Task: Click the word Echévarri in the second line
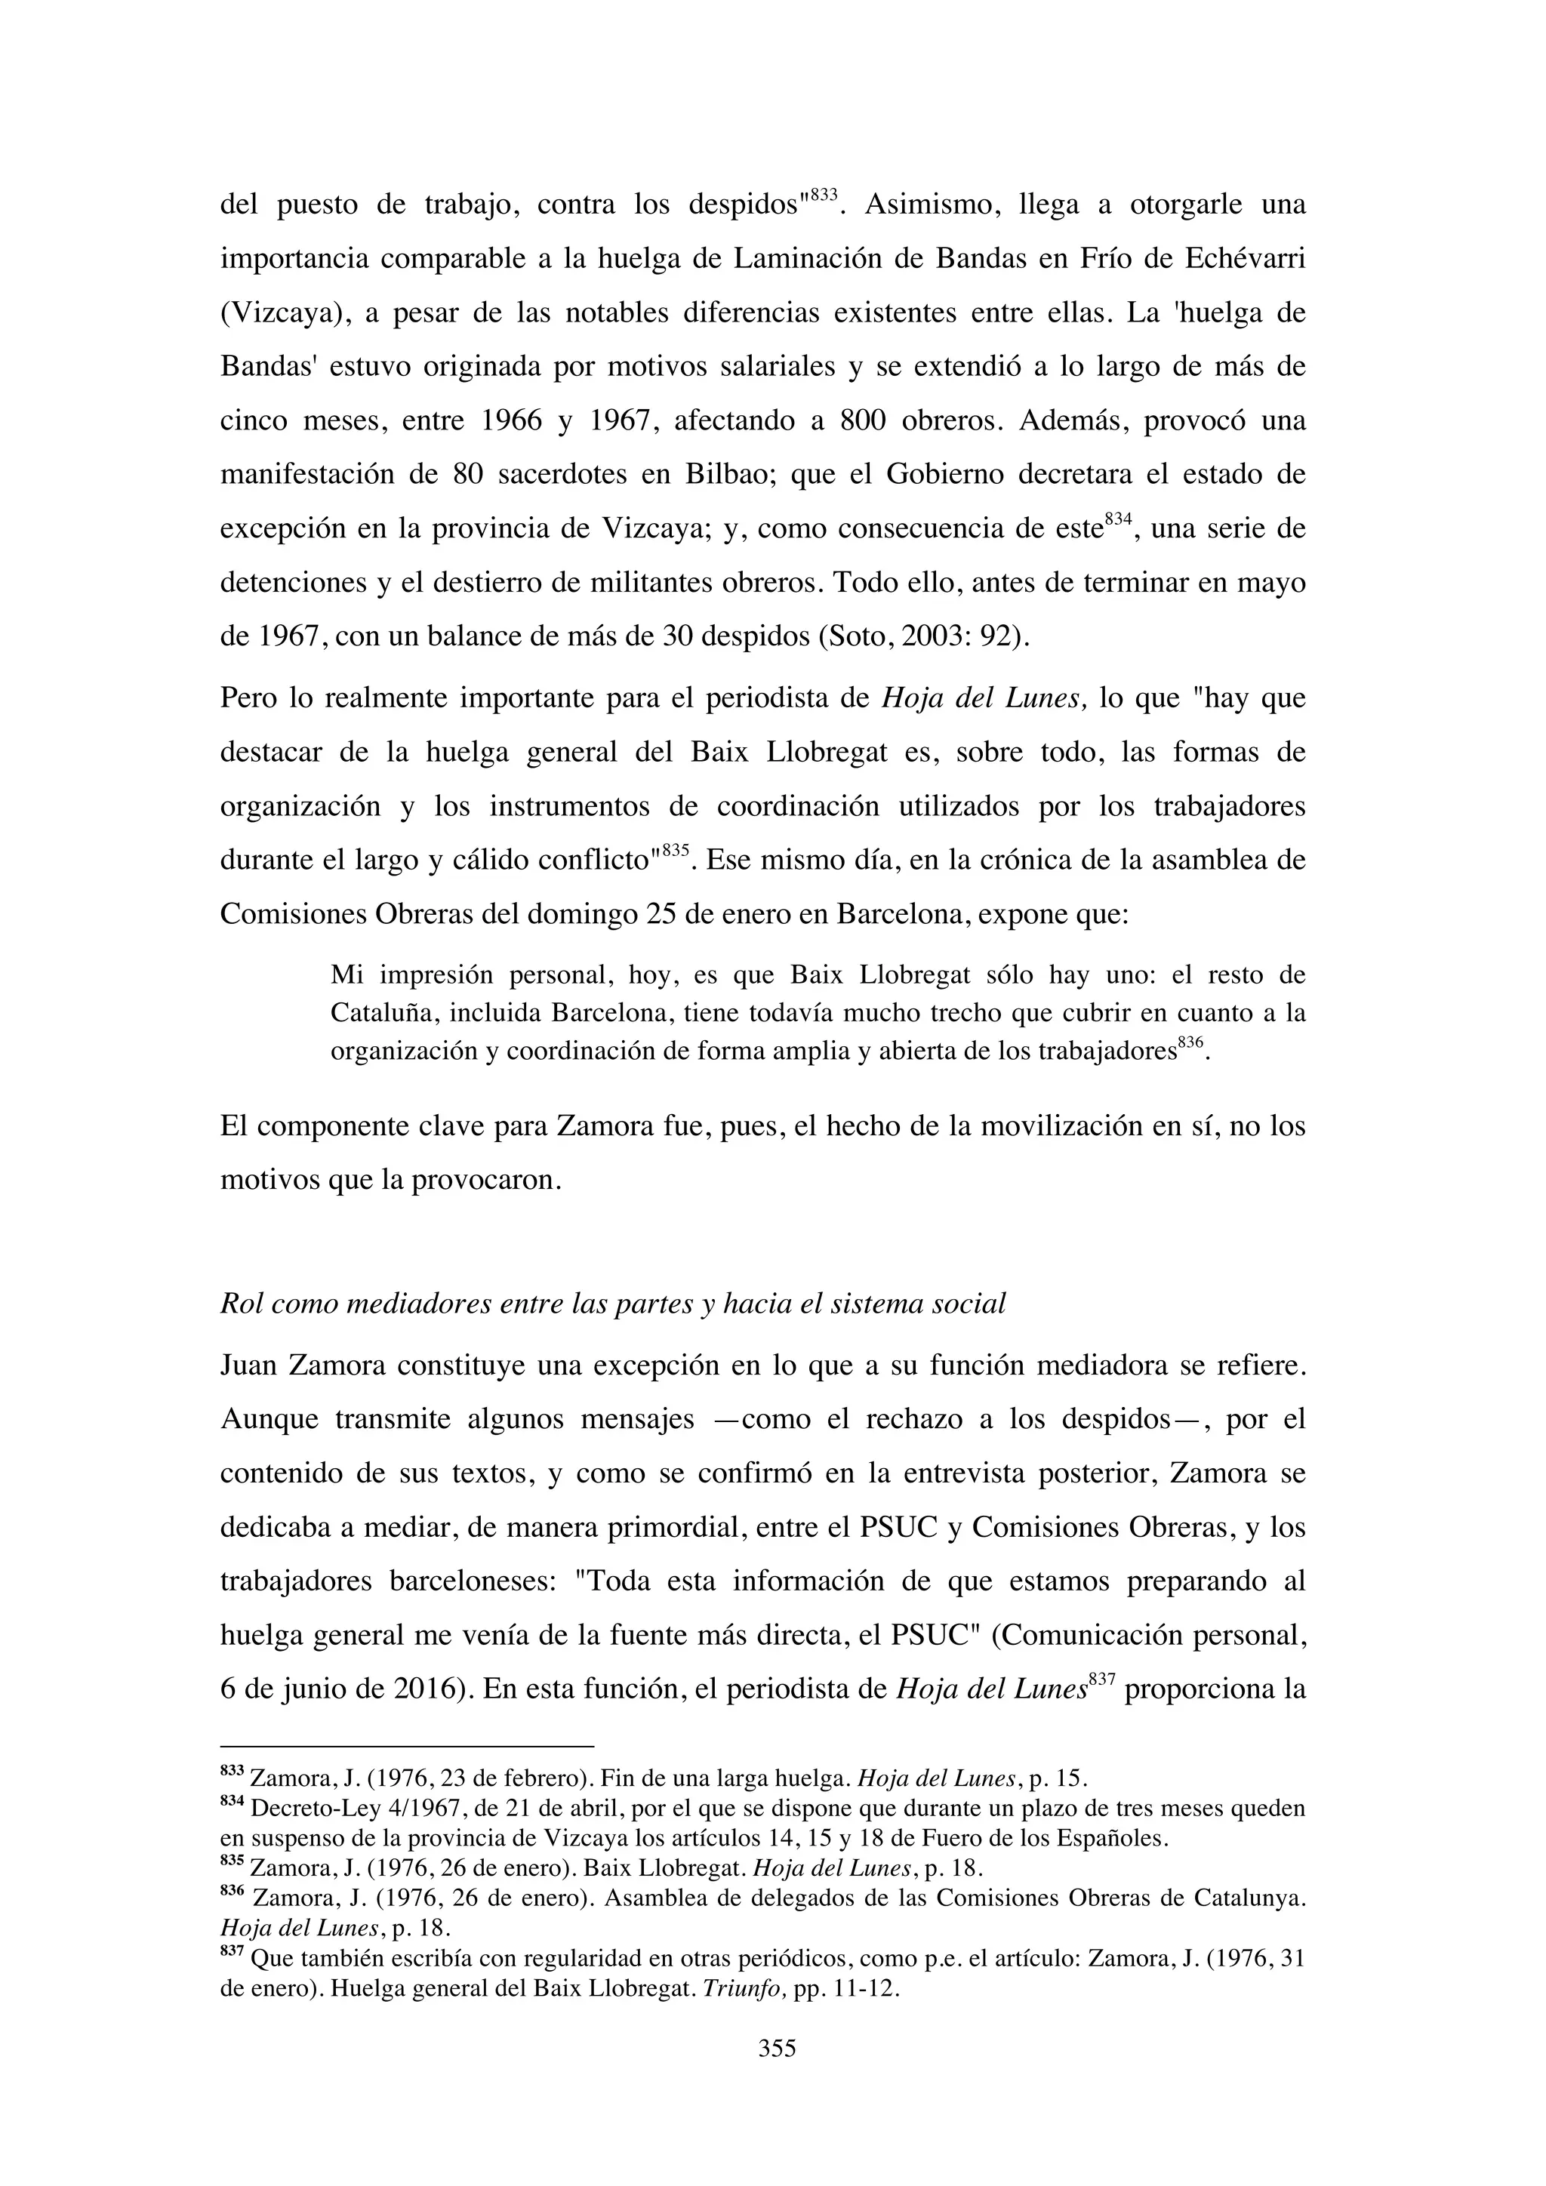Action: [x=1243, y=258]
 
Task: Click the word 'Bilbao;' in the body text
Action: [x=727, y=474]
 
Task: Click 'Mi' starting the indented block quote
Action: [x=346, y=975]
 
